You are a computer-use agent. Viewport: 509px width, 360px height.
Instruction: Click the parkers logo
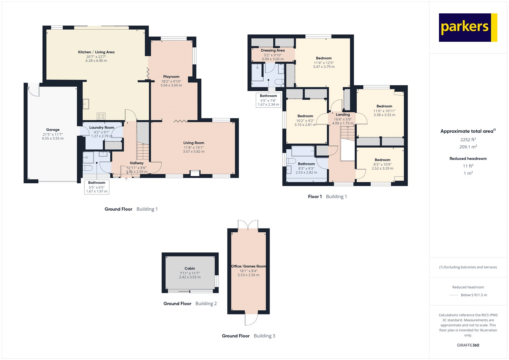(x=468, y=27)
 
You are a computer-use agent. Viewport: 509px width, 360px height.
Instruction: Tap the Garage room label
(x=53, y=130)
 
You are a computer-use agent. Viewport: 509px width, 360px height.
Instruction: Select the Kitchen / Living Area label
(x=96, y=52)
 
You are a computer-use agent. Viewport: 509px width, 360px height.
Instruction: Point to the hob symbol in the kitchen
(x=101, y=116)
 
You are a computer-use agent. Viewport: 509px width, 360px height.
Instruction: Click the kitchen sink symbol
(x=86, y=104)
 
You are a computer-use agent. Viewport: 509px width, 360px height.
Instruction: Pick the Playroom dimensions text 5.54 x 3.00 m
(x=171, y=85)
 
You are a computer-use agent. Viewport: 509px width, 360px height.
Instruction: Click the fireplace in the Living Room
(x=194, y=173)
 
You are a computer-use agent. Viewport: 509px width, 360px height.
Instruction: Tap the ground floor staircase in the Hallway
(x=143, y=152)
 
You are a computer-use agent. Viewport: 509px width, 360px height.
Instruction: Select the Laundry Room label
(x=101, y=127)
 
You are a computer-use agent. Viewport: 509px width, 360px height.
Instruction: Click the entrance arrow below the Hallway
(x=126, y=179)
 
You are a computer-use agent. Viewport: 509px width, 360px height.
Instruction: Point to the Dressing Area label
(x=273, y=50)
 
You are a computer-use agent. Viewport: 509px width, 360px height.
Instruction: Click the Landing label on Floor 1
(x=343, y=115)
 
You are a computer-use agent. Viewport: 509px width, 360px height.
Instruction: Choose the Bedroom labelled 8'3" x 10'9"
(x=382, y=160)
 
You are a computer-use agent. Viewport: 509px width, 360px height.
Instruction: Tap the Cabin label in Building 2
(x=190, y=268)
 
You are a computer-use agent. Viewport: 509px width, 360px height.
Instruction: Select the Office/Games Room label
(x=248, y=266)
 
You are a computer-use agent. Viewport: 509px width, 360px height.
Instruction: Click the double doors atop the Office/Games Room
(x=248, y=224)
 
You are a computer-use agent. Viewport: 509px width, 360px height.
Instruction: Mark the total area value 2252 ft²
(x=468, y=139)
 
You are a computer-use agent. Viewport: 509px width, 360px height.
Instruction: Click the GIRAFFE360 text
(x=468, y=345)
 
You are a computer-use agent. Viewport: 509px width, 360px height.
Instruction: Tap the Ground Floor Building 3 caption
(x=248, y=336)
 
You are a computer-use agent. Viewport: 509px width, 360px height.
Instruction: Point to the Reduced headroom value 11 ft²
(x=468, y=166)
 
